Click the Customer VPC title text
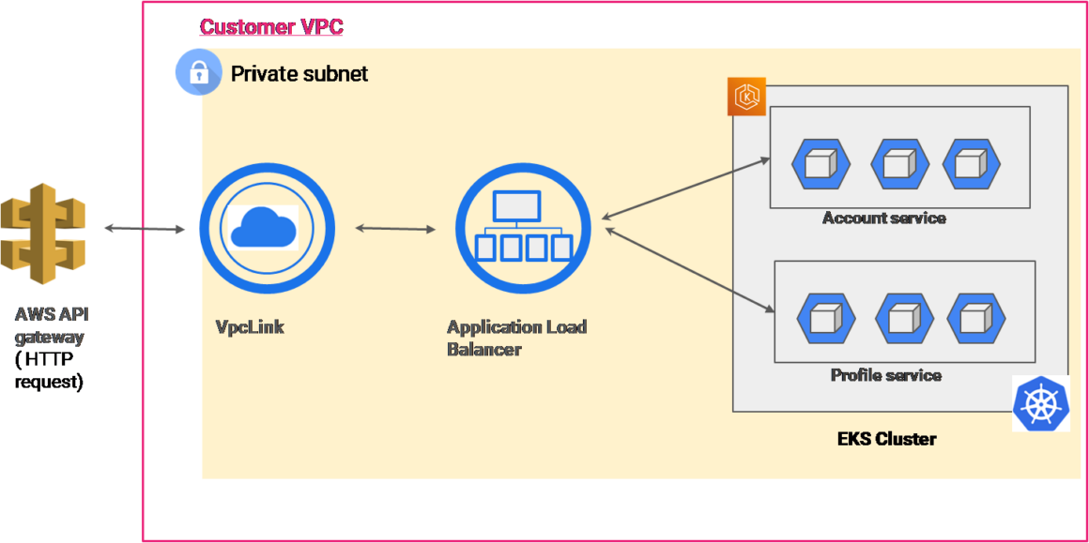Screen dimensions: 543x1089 271,26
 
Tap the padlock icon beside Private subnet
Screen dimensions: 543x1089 198,73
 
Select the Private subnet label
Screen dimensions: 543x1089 299,73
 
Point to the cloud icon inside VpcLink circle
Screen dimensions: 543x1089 263,227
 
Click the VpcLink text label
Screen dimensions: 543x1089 250,327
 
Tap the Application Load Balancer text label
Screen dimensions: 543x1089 516,338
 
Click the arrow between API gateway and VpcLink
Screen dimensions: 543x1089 145,228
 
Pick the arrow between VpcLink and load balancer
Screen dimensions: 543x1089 395,228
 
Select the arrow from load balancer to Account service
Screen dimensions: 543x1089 686,189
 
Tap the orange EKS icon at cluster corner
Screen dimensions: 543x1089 746,97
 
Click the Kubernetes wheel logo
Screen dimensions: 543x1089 1040,404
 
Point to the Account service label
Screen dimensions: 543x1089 883,219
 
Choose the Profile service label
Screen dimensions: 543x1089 885,375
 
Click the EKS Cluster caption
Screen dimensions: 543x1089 886,438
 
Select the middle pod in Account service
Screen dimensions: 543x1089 899,164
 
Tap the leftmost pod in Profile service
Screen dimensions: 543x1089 825,319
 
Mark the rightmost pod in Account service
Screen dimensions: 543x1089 971,164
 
